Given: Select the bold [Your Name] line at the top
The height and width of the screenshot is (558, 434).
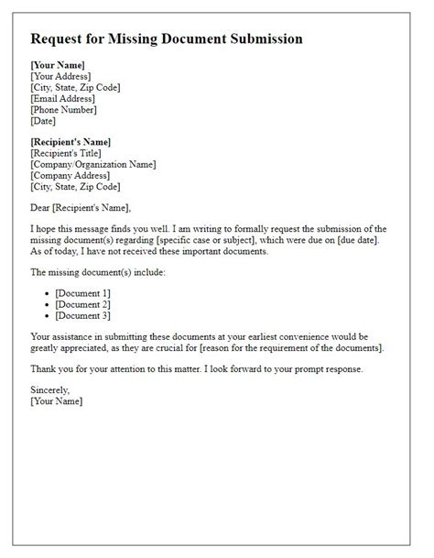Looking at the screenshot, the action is (58, 65).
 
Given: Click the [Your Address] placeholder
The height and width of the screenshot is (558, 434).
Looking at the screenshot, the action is (62, 76).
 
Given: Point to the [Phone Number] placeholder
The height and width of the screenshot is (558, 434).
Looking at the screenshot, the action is (64, 109).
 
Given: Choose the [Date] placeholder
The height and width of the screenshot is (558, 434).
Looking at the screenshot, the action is (43, 120).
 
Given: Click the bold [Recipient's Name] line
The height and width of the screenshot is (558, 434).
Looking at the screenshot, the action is (71, 142).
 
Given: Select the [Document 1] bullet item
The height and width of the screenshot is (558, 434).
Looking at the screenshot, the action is (83, 292).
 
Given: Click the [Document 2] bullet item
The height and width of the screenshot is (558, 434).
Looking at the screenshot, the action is (83, 303).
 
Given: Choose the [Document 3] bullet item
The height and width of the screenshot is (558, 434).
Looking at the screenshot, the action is (83, 314).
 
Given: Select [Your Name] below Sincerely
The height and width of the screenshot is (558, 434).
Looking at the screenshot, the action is (57, 402).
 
